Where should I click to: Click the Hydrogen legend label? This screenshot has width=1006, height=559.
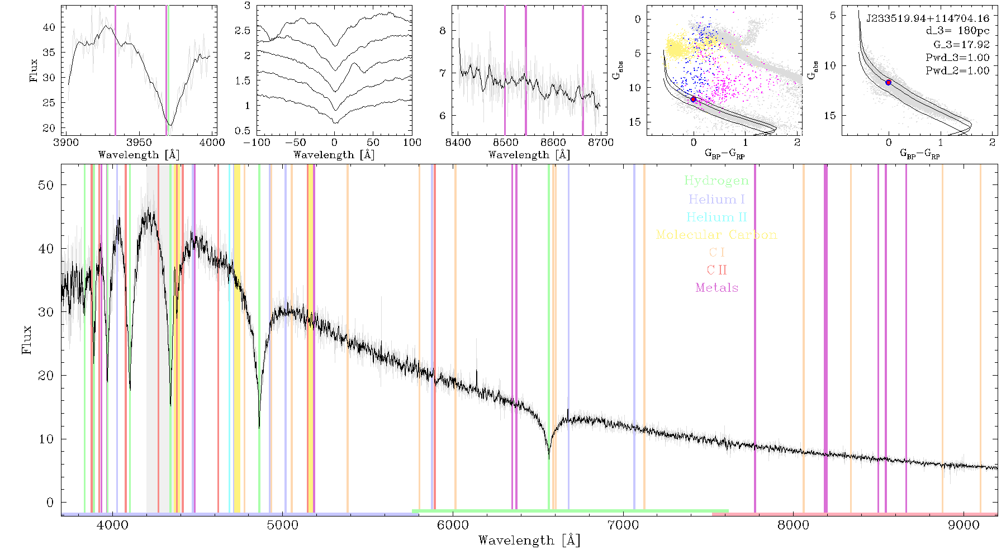(716, 181)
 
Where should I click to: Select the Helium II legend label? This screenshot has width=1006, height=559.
(716, 217)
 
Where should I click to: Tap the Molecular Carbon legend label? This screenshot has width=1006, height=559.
(716, 235)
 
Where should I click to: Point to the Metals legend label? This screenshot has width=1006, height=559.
(717, 288)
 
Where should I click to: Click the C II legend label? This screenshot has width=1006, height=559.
(717, 270)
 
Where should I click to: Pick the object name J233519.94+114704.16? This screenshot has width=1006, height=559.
(928, 18)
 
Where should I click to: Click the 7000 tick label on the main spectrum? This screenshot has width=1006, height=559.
(623, 525)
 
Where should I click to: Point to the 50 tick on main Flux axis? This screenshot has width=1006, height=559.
(46, 185)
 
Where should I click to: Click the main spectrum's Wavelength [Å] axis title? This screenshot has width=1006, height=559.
(529, 541)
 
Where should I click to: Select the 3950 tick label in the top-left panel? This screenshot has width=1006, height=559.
(139, 142)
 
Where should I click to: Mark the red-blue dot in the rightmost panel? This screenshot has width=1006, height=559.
(888, 83)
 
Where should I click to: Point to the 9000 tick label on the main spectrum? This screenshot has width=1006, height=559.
(964, 525)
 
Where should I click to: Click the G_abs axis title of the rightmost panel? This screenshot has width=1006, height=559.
(813, 70)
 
